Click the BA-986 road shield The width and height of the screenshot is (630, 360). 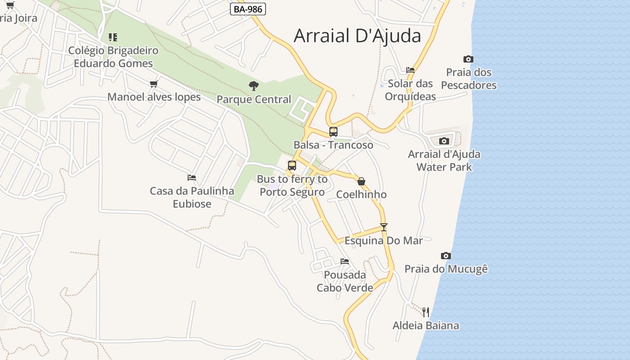click(248, 9)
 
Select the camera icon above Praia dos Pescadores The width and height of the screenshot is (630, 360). click(468, 59)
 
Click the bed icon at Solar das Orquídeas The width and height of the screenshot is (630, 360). click(410, 70)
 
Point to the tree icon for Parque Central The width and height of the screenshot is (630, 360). click(254, 85)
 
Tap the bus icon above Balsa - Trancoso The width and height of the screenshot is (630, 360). click(333, 131)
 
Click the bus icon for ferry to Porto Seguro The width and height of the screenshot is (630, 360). click(292, 166)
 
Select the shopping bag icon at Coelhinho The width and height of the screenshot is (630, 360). click(361, 181)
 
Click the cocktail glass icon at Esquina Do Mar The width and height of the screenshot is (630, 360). click(383, 227)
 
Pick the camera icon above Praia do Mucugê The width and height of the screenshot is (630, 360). click(446, 256)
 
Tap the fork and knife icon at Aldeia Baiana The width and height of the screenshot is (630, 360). click(426, 312)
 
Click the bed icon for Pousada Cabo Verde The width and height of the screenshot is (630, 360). click(345, 261)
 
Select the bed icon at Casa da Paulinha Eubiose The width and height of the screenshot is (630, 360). click(192, 178)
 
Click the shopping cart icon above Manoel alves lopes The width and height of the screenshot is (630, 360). click(154, 84)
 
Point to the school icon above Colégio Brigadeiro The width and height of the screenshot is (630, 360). click(113, 37)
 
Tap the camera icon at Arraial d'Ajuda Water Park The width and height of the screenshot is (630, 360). click(444, 141)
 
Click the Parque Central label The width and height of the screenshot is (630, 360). click(254, 99)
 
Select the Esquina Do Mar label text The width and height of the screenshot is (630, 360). click(383, 241)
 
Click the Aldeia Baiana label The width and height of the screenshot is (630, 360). click(426, 326)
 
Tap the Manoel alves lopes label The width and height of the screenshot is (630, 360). click(154, 97)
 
